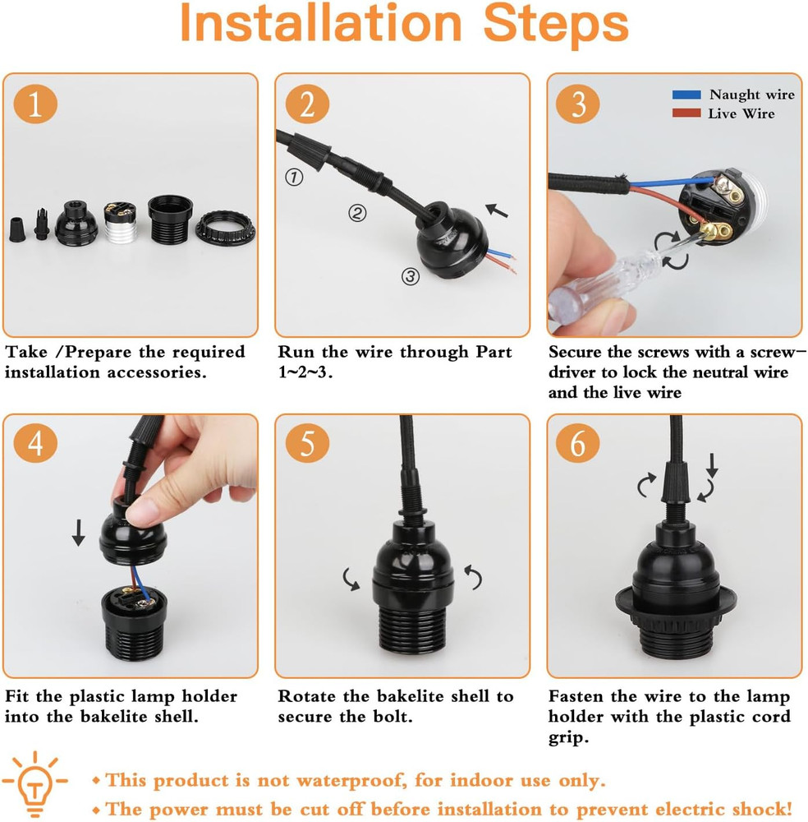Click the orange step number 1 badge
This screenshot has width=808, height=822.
(x=34, y=105)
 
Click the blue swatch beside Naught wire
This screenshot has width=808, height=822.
(x=686, y=95)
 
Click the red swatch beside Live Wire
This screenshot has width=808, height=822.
(x=686, y=113)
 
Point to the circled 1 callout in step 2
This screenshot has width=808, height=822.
(x=293, y=176)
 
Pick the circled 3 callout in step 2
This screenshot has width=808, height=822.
(x=411, y=276)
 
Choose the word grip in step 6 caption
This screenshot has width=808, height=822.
(x=568, y=737)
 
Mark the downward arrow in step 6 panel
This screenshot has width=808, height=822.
(x=712, y=467)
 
